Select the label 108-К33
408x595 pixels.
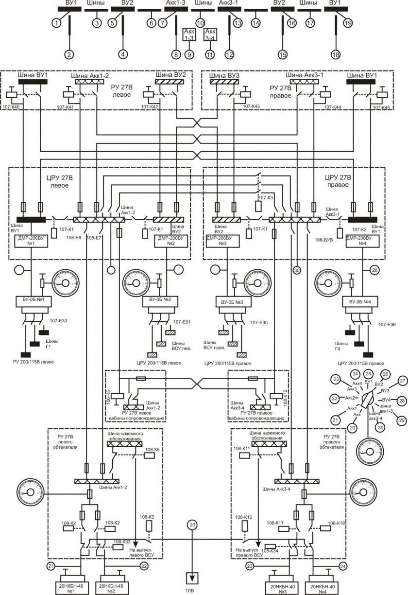point(123,542)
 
